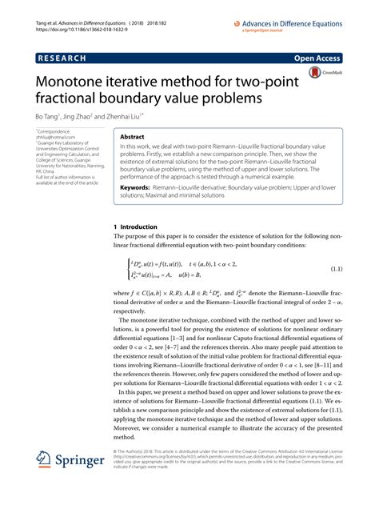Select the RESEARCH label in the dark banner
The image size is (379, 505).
click(62, 59)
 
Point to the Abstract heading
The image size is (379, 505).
click(132, 138)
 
